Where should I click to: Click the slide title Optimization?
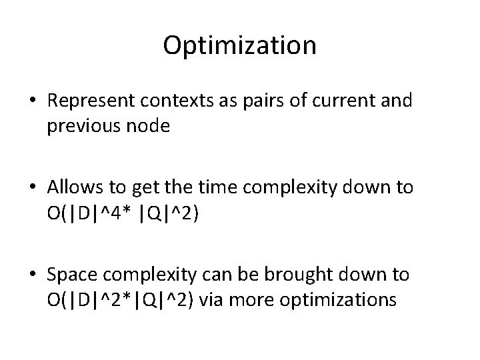[239, 46]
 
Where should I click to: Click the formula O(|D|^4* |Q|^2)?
[120, 214]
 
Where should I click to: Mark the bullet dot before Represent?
[32, 101]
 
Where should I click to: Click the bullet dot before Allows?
[32, 189]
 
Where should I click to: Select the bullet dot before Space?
[32, 275]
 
